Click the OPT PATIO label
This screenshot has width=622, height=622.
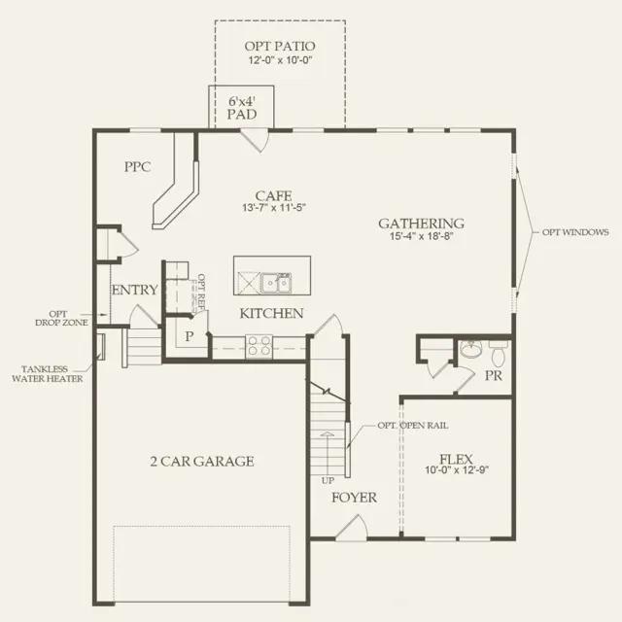(x=280, y=46)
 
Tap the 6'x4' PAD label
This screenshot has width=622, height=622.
(x=242, y=108)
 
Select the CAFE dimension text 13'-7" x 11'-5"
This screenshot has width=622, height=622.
(x=274, y=207)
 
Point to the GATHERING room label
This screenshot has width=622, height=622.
(x=421, y=224)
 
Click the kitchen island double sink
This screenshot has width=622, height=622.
(x=276, y=283)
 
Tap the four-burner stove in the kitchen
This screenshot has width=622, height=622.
(x=259, y=346)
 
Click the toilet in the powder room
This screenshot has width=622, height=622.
(x=498, y=353)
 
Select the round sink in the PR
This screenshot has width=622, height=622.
(x=471, y=348)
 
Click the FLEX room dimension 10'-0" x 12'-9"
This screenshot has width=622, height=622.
(x=457, y=470)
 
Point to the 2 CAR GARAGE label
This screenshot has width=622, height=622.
(x=202, y=462)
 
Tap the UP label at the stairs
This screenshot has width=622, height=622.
(x=328, y=481)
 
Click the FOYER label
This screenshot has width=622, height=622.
(x=354, y=498)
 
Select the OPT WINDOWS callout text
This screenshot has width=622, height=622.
(x=575, y=232)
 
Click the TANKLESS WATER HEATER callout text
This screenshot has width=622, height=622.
(x=48, y=373)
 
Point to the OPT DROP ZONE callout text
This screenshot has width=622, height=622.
(x=61, y=319)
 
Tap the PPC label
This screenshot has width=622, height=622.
(x=138, y=166)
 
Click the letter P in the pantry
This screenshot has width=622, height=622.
(x=190, y=336)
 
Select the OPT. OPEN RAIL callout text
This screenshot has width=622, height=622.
(x=412, y=426)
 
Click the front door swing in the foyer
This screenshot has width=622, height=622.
(x=352, y=527)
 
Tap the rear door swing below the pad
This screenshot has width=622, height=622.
(x=256, y=140)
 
